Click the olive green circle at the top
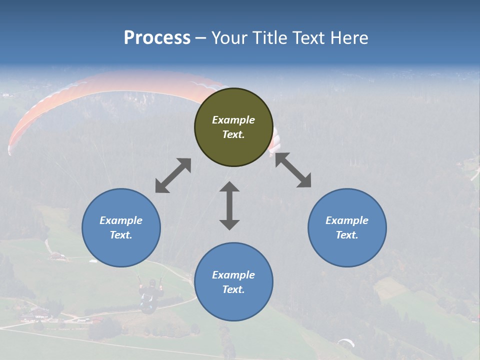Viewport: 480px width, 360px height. coord(233,127)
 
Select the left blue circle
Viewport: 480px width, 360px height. coord(121,227)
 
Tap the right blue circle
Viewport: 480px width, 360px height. coord(347,227)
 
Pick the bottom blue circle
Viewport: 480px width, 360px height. coord(233,282)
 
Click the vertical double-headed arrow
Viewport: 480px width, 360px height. coord(229,205)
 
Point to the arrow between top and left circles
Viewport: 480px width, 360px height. coord(173,175)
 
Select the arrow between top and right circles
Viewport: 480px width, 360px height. coord(293,170)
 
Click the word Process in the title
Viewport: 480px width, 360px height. coord(157,37)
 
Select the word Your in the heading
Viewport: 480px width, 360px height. coord(229,37)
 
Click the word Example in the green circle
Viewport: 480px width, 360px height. coord(233,120)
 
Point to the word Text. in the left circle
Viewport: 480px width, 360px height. coord(121,235)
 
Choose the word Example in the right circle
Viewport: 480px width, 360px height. coord(347,220)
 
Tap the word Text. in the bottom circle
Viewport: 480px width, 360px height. coord(233,289)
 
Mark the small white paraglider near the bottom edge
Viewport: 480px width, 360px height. coord(346,342)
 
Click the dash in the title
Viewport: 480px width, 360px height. coord(201,38)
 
